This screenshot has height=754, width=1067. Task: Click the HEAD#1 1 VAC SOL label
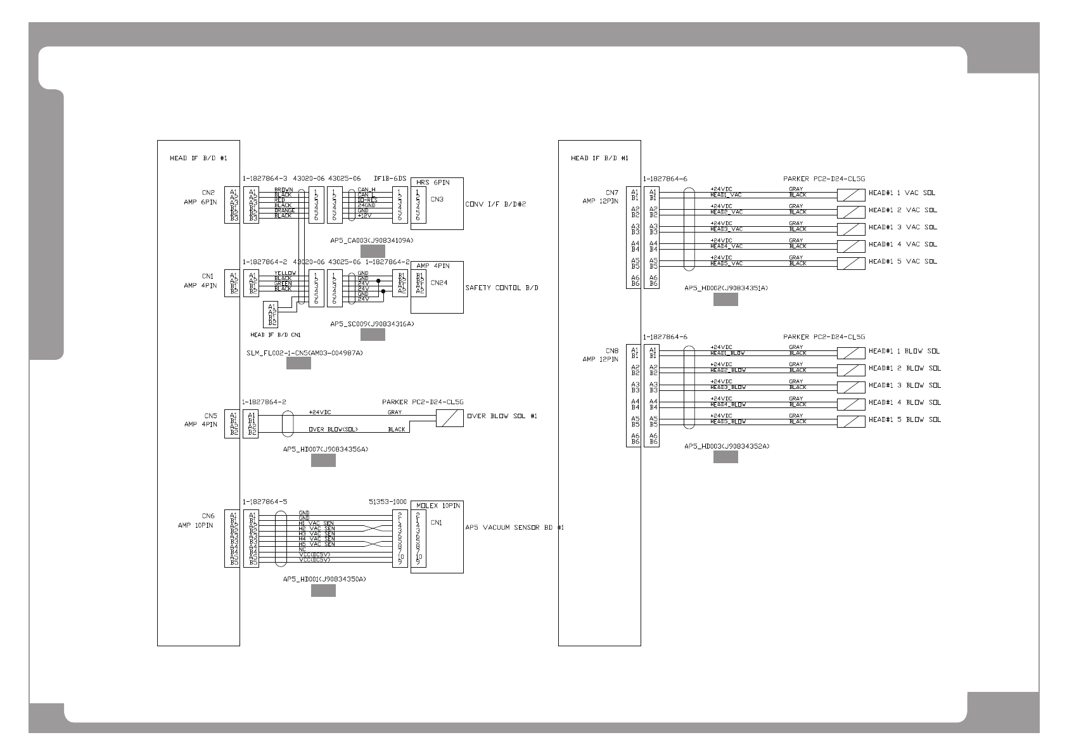click(902, 193)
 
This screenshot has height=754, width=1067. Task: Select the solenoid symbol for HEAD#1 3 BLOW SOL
click(851, 387)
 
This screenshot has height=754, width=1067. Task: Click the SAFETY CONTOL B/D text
click(502, 288)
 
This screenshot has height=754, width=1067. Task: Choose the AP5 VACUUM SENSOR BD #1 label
click(514, 527)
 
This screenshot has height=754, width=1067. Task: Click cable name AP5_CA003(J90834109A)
click(372, 241)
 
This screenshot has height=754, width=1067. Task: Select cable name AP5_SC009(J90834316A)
click(372, 324)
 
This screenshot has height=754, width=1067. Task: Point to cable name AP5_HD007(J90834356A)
click(325, 449)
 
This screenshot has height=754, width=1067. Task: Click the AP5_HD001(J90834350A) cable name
click(324, 579)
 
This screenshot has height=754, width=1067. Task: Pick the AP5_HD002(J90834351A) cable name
click(726, 288)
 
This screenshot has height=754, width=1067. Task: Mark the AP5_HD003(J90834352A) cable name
click(726, 446)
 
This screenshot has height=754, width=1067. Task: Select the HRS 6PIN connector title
click(433, 182)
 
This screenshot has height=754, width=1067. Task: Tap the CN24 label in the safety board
click(438, 283)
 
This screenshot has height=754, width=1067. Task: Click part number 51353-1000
click(388, 502)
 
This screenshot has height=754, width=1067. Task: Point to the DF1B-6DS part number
click(390, 179)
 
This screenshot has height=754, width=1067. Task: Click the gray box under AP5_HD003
click(725, 457)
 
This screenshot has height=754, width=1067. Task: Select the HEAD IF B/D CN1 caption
click(276, 335)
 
